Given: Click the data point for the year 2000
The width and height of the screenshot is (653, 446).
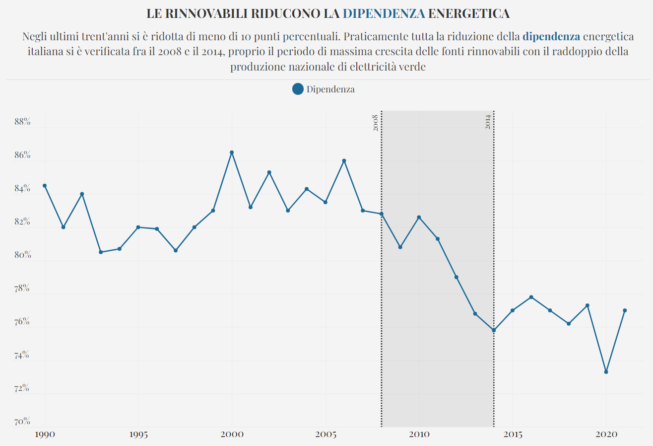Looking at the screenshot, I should pyautogui.click(x=232, y=152).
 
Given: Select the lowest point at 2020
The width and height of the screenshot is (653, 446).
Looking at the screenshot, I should pyautogui.click(x=606, y=372).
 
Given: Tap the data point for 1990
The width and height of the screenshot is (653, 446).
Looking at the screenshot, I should pyautogui.click(x=45, y=186).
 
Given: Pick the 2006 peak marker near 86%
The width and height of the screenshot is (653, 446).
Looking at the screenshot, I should pyautogui.click(x=344, y=161).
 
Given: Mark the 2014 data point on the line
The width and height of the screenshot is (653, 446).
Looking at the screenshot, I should pyautogui.click(x=494, y=330).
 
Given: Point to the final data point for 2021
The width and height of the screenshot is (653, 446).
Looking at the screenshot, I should pyautogui.click(x=625, y=310).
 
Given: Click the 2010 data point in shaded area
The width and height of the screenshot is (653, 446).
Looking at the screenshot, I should pyautogui.click(x=419, y=218).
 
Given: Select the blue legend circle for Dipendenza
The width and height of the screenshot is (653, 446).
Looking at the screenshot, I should pyautogui.click(x=298, y=89).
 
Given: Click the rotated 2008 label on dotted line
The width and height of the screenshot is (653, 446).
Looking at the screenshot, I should pyautogui.click(x=376, y=122).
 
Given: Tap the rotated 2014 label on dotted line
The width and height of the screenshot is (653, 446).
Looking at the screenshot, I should pyautogui.click(x=488, y=122).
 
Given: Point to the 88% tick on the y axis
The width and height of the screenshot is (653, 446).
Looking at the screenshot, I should pyautogui.click(x=22, y=122).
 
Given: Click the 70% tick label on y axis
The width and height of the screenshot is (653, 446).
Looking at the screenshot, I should pyautogui.click(x=22, y=422).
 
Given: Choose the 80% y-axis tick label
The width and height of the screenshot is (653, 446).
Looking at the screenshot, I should pyautogui.click(x=22, y=255).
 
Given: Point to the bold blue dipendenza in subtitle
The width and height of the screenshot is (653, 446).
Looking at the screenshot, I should pyautogui.click(x=551, y=36).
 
